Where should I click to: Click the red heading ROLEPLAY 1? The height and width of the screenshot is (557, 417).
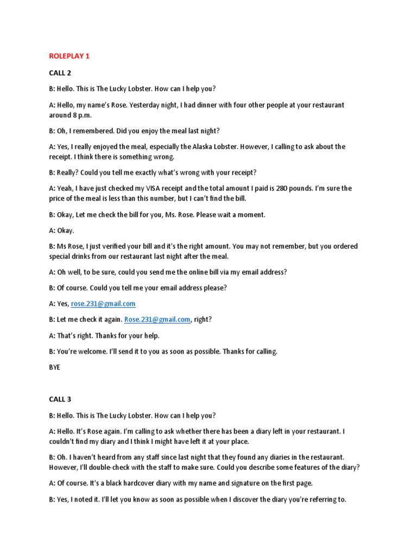[x=69, y=56]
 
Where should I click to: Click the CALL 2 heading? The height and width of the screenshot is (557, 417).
[x=60, y=72]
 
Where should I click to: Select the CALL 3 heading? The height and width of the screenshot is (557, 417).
[x=60, y=399]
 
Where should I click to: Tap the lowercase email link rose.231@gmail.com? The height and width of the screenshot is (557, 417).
[x=103, y=304]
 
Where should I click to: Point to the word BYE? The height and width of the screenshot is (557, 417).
[x=55, y=367]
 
